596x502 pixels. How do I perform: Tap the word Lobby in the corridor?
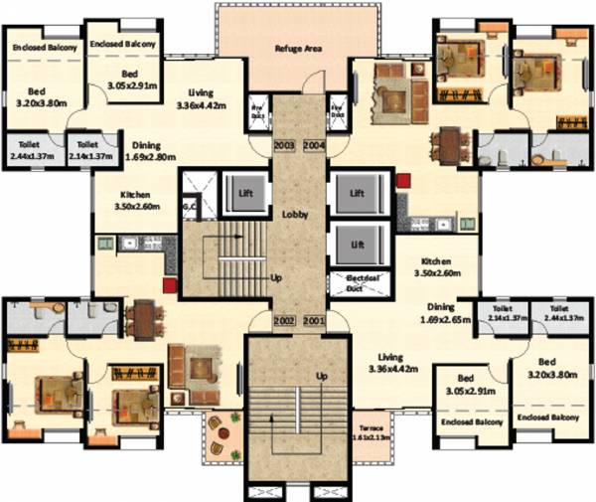[x=292, y=214]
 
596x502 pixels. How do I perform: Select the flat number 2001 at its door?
[x=314, y=321]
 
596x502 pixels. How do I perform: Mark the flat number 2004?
[x=314, y=145]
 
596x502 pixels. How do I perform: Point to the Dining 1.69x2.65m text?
[x=446, y=314]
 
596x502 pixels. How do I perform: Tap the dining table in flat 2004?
[x=450, y=146]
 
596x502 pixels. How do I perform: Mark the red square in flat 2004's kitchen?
[x=403, y=181]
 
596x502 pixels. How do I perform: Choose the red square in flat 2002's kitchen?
[x=170, y=284]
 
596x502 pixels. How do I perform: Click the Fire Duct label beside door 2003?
[x=254, y=112]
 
